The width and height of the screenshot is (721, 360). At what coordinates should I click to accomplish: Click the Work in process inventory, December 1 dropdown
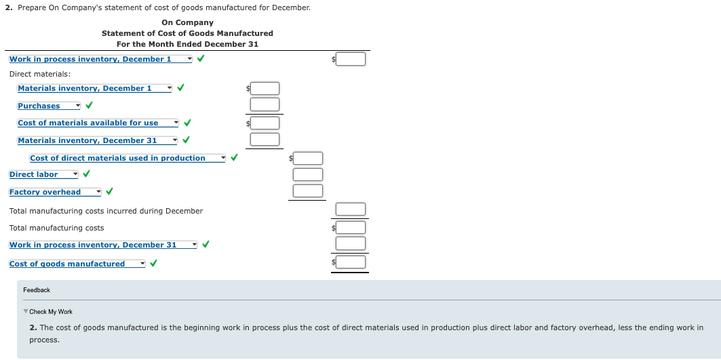(x=100, y=59)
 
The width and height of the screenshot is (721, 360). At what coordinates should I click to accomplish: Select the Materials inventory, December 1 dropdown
(x=94, y=88)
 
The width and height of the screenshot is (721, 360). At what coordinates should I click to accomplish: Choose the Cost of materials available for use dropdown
(x=98, y=123)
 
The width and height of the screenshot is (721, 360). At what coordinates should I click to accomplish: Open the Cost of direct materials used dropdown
(x=127, y=158)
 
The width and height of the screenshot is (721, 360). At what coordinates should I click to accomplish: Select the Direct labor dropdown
(x=43, y=174)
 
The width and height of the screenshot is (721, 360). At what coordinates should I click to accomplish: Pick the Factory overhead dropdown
(x=55, y=192)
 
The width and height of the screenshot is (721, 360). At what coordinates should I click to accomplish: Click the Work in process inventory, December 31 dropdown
(x=102, y=245)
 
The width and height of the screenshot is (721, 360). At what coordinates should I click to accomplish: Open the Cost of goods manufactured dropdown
(x=77, y=264)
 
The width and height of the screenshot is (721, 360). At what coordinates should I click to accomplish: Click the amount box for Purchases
(x=265, y=104)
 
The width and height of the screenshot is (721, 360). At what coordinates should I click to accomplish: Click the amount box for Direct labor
(x=308, y=174)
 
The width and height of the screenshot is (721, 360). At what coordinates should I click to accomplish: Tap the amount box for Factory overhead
(x=308, y=191)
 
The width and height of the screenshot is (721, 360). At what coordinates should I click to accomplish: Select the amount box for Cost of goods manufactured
(x=351, y=262)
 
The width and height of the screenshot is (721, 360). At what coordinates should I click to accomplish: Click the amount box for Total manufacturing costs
(x=351, y=228)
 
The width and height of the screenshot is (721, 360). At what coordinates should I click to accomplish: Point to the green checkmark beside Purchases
(x=89, y=106)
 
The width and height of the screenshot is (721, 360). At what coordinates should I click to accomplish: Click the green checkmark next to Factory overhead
(x=109, y=192)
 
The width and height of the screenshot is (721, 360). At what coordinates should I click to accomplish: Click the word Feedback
(x=37, y=290)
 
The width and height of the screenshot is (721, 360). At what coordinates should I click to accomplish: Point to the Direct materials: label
(x=40, y=74)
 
